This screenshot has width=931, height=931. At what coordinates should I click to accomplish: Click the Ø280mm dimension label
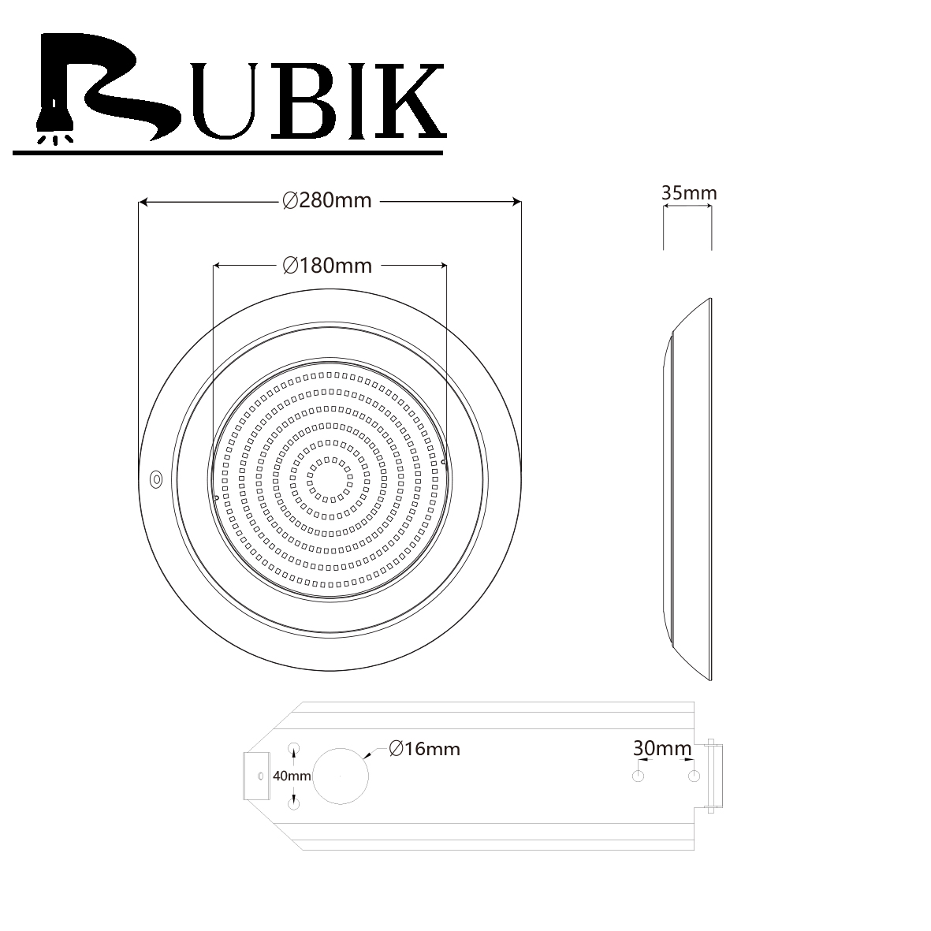(327, 201)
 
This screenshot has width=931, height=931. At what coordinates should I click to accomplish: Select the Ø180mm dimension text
(328, 266)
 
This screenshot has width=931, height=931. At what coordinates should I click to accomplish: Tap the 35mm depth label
(689, 193)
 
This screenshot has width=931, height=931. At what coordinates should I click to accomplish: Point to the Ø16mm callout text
(425, 749)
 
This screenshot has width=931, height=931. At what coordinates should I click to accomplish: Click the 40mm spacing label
(292, 776)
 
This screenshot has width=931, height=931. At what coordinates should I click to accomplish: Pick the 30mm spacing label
(662, 748)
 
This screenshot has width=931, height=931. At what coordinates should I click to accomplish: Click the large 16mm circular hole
(341, 776)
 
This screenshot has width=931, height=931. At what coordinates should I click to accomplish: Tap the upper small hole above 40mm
(293, 748)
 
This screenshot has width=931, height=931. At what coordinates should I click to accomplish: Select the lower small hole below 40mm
(293, 804)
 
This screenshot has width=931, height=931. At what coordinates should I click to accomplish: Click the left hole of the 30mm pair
(639, 776)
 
